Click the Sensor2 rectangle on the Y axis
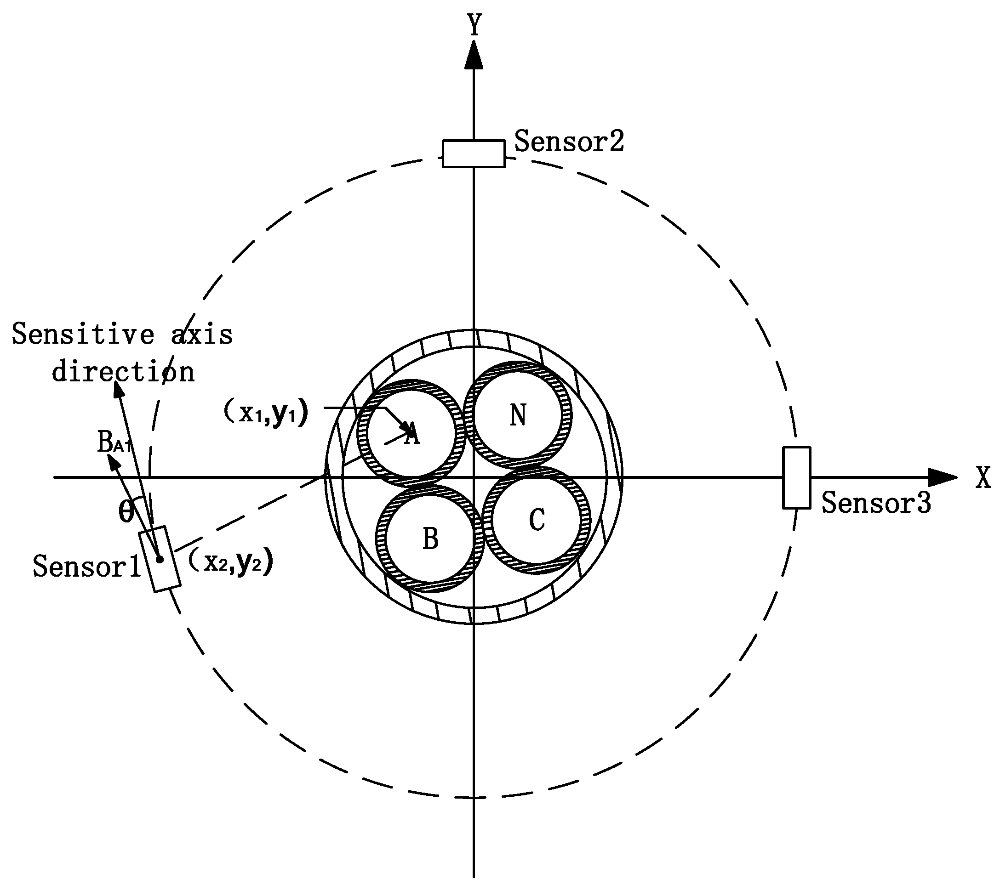pos(474,153)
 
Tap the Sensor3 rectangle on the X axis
pos(796,477)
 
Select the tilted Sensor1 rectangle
pos(160,559)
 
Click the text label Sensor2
pos(569,142)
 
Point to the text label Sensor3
pos(876,503)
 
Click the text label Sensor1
pos(87,566)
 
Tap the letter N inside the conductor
pos(518,415)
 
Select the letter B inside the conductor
pos(430,539)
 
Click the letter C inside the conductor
pos(537,519)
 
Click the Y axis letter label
pos(474,25)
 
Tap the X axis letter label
pos(983,477)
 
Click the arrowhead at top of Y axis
pos(474,55)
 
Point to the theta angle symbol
pos(126,512)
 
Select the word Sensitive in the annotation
pos(83,335)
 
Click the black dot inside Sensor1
pos(160,559)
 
